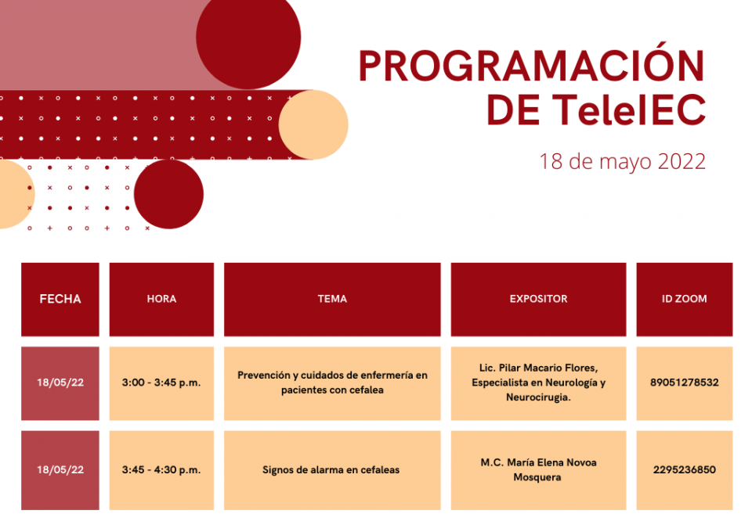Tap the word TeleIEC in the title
coord(629,110)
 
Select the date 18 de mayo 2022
coord(623,162)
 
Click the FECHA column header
coord(60,299)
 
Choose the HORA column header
coord(161,299)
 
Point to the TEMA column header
coord(332,299)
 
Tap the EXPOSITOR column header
coord(538,299)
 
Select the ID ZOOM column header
coord(685,299)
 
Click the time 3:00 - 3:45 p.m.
coord(161,383)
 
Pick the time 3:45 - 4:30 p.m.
coord(161,469)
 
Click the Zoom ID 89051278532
coord(685,383)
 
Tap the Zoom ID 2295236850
coord(685,469)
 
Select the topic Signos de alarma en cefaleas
coord(331,469)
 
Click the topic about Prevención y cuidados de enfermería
coord(332,383)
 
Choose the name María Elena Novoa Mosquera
coord(538,469)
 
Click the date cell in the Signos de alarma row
coord(60,469)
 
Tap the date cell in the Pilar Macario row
coord(60,383)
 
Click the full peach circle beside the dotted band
coord(313,124)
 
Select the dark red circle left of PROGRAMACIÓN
coord(248,38)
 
